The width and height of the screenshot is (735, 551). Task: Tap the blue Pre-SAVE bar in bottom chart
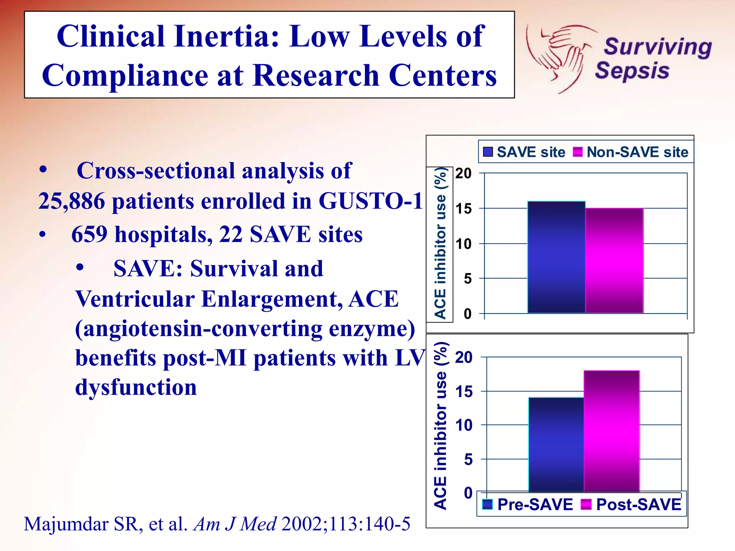(556, 444)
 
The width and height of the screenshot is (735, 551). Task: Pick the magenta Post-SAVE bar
(612, 431)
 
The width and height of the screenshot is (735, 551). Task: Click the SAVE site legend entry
(524, 152)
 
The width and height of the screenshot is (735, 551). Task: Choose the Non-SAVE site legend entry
(631, 152)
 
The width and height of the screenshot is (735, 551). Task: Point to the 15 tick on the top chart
(463, 209)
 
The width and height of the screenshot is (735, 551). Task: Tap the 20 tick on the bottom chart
(464, 358)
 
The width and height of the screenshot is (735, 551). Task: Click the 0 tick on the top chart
(467, 314)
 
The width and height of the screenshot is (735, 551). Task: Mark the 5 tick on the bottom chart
(468, 460)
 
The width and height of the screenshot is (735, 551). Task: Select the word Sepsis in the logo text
(632, 71)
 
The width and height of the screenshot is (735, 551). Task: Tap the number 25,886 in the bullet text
(71, 201)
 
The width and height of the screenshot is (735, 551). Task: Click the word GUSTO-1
(370, 201)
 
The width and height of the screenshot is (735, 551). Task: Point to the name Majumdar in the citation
(66, 524)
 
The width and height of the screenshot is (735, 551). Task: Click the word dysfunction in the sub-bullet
(136, 387)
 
